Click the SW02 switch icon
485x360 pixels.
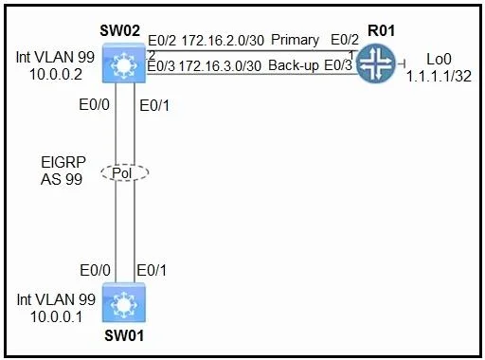tap(124, 63)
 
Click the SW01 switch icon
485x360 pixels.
tap(124, 302)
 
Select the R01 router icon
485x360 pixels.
tap(376, 63)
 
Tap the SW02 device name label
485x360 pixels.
tap(119, 30)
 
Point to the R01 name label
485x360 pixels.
tap(381, 30)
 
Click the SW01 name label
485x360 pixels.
tap(124, 335)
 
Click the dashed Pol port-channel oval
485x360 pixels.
tap(125, 172)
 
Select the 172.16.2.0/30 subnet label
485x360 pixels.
tap(223, 41)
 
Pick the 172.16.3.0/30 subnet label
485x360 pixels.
tap(220, 66)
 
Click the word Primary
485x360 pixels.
tap(295, 40)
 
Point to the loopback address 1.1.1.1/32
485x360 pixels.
tap(439, 76)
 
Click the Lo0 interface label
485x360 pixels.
tap(439, 59)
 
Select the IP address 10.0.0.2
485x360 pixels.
tap(56, 75)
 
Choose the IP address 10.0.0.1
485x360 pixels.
tap(57, 316)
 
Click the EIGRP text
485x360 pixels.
tap(63, 162)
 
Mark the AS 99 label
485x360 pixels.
tap(62, 179)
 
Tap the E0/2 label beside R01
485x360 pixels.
tap(345, 40)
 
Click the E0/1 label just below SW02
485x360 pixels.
tap(154, 105)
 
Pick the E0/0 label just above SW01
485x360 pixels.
tap(95, 270)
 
